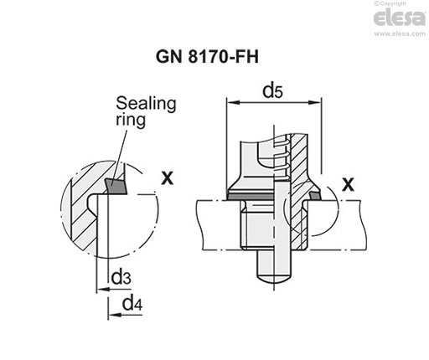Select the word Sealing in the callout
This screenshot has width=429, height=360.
pos(146,103)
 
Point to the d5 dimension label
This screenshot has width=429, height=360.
pos(271,90)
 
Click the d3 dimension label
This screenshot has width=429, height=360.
pos(121,276)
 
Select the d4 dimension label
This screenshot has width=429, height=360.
pos(131,303)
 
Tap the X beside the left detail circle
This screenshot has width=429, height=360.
pos(168,177)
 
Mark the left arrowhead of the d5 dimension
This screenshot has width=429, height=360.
pos(232,103)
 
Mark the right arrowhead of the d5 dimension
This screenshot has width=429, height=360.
pos(318,103)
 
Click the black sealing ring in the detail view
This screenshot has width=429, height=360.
pos(115,183)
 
